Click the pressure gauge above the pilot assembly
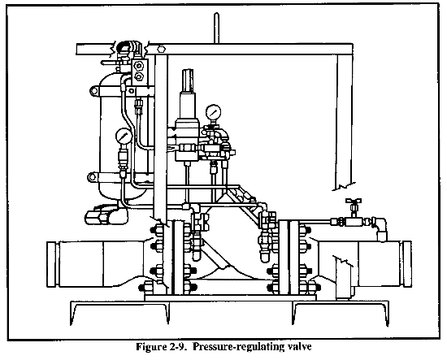tap(214, 112)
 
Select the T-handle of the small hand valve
tap(354, 201)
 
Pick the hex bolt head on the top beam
tap(161, 49)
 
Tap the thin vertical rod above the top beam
tap(216, 28)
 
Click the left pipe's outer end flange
tap(51, 264)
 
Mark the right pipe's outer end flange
tap(406, 264)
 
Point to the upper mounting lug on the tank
tap(94, 91)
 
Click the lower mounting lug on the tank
tap(93, 177)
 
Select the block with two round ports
tap(140, 72)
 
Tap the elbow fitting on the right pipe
tap(380, 228)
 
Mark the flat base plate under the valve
tap(230, 298)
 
